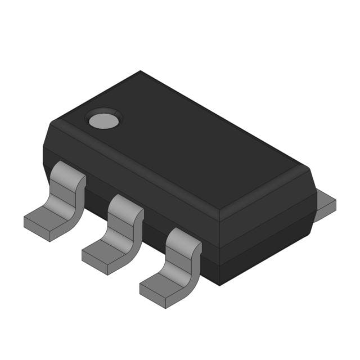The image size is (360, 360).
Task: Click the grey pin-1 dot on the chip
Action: (103, 120)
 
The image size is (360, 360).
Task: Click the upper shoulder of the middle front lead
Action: (125, 205)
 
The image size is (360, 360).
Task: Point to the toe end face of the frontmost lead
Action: (152, 299)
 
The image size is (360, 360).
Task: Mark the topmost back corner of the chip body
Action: (140, 71)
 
